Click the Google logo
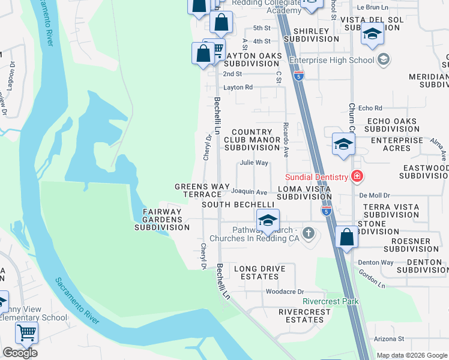(20, 353)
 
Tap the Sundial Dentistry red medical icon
(357, 176)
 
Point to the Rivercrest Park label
(331, 301)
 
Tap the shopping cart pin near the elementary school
(26, 332)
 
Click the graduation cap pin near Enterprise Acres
(343, 144)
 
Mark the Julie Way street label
(254, 163)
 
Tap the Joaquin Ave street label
(249, 192)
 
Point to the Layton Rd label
(238, 87)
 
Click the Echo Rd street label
(370, 108)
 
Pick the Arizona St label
(388, 339)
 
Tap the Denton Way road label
(376, 262)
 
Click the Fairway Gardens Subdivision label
(161, 220)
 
